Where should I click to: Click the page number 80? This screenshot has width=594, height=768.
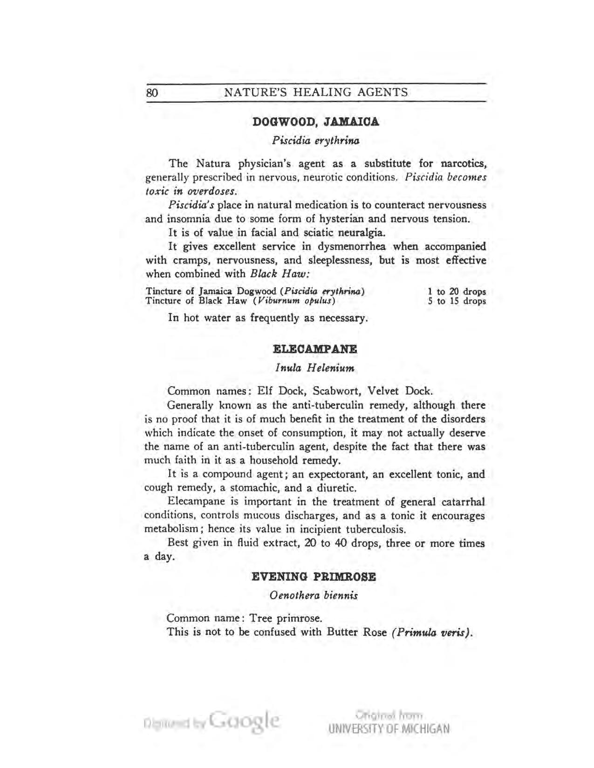(x=152, y=92)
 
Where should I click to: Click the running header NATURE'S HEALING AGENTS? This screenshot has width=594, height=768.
(x=316, y=92)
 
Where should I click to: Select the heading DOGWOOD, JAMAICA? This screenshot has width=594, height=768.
(x=315, y=122)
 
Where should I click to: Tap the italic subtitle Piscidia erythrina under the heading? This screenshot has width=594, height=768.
(x=315, y=140)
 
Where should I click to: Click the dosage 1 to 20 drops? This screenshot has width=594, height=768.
(x=457, y=292)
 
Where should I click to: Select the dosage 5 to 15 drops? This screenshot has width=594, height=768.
(x=457, y=301)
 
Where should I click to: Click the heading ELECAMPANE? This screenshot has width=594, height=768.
(x=314, y=349)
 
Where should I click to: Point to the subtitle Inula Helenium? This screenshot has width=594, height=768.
(x=315, y=368)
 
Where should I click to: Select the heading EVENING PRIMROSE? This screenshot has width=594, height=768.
(x=314, y=577)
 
